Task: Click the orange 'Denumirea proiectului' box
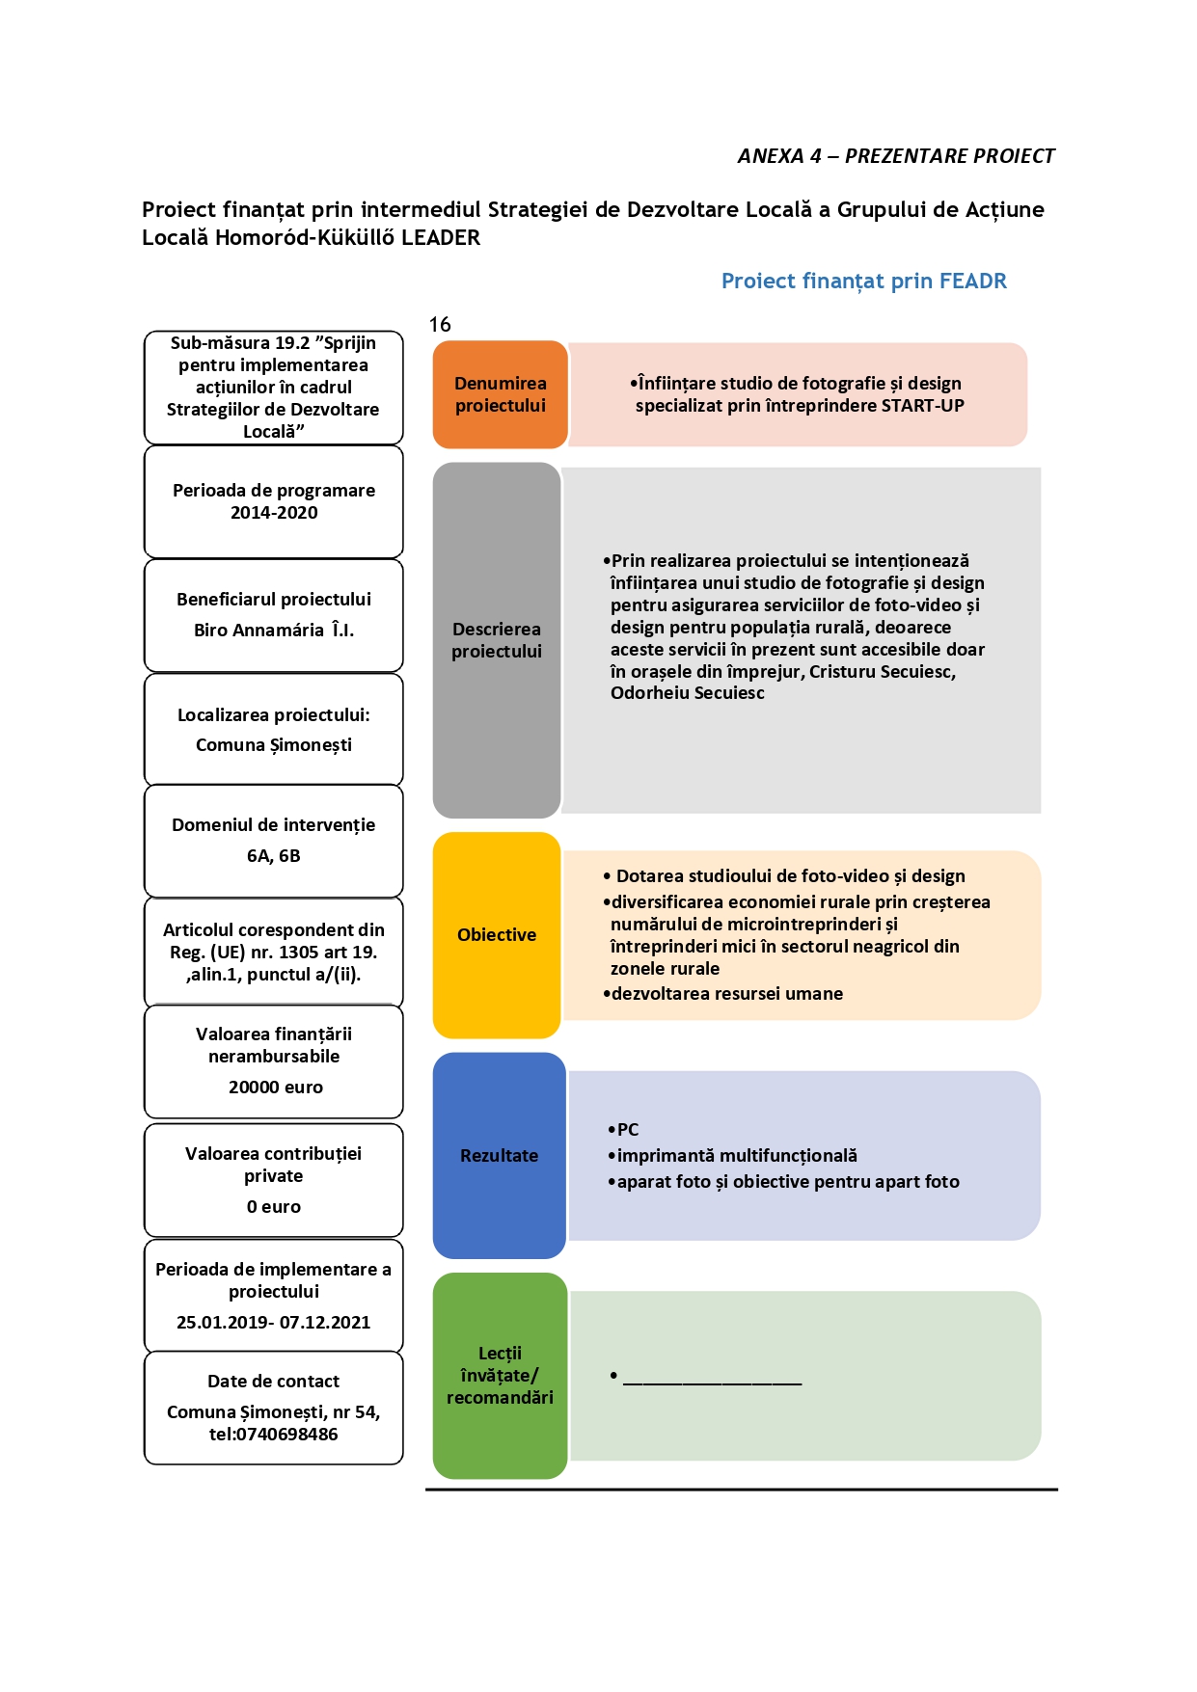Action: point(500,394)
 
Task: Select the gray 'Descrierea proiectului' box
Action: point(497,640)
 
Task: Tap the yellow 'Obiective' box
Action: point(497,934)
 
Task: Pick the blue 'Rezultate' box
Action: point(499,1155)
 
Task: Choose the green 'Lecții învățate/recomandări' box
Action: point(500,1375)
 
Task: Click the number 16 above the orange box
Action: point(440,324)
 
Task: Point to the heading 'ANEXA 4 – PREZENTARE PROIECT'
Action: point(896,156)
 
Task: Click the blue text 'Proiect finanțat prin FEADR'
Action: point(864,281)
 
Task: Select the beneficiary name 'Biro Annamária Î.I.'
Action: point(274,630)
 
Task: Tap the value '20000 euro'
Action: point(276,1087)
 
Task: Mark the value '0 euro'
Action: point(274,1206)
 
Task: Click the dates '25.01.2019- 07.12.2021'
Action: point(274,1322)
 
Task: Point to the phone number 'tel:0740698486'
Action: point(274,1434)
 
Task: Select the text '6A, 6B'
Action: point(274,855)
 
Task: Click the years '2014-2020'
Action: point(274,512)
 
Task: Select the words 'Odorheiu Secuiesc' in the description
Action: point(688,692)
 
